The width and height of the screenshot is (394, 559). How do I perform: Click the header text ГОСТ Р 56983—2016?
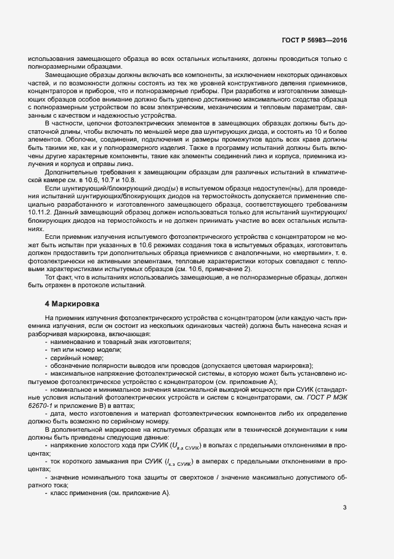[x=314, y=39]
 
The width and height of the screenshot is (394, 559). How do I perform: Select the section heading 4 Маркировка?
[x=74, y=304]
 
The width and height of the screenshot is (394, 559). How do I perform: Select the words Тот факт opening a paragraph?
[x=59, y=278]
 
